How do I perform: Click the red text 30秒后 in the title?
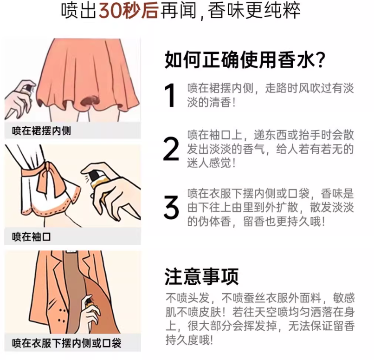tap(129, 11)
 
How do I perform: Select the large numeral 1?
tap(170, 95)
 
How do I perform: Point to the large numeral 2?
tap(171, 149)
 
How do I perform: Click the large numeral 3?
tap(171, 207)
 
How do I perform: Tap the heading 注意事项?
tap(201, 277)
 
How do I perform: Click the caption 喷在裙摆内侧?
tap(41, 131)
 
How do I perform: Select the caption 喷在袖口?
tap(31, 236)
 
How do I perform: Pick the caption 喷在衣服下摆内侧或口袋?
tap(66, 343)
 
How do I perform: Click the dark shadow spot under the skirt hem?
tap(90, 100)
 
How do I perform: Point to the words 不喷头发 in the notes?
tap(188, 298)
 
